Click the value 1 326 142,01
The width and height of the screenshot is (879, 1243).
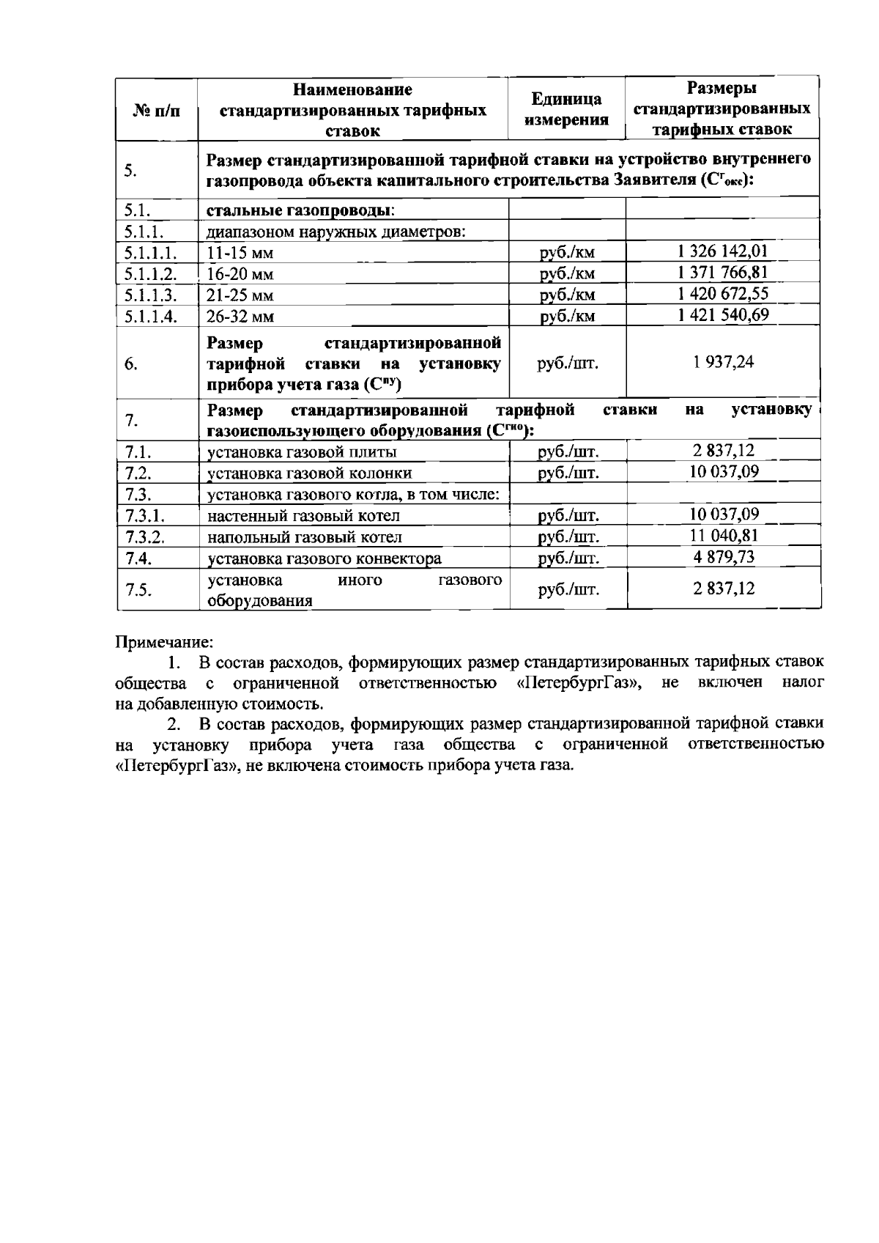[722, 252]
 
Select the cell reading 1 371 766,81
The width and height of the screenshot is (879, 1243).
[722, 273]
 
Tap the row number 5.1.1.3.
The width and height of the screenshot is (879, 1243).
[151, 295]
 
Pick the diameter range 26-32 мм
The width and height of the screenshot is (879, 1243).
[231, 317]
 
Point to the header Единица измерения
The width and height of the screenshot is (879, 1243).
[567, 110]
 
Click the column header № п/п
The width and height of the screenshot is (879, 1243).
[157, 111]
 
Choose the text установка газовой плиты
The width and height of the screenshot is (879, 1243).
[303, 451]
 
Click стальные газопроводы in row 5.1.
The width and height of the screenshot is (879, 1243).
[300, 211]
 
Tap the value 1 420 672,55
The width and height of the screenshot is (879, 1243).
[722, 295]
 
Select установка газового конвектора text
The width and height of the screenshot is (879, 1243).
[324, 558]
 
